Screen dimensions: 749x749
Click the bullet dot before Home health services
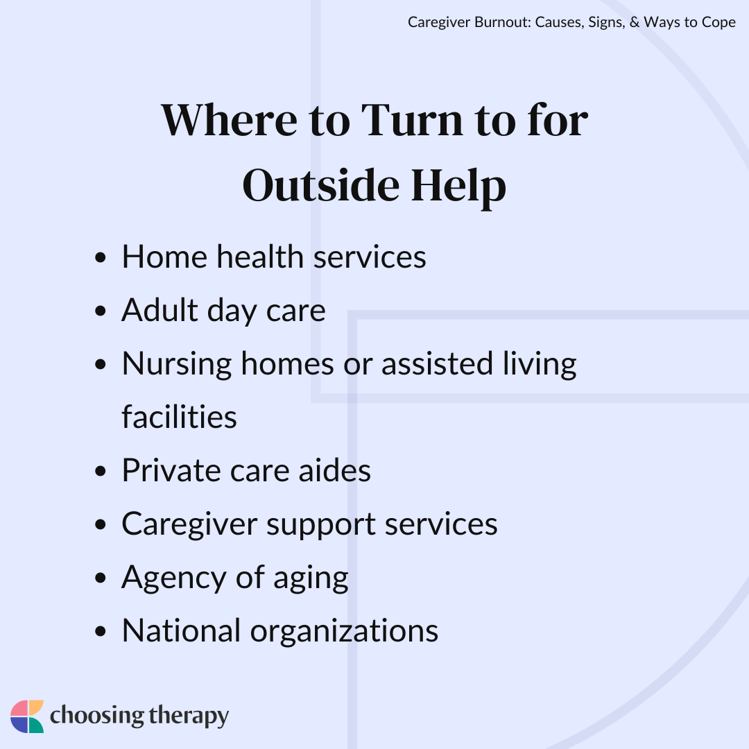pos(101,258)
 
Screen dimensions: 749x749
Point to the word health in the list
pos(260,257)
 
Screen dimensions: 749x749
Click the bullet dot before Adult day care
pos(101,311)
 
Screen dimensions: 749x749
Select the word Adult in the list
pos(160,310)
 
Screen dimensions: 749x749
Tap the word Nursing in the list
pos(177,365)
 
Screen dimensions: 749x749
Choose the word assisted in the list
pos(437,363)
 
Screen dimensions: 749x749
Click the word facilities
pos(179,417)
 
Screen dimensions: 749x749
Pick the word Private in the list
pos(171,470)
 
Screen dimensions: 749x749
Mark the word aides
pos(335,470)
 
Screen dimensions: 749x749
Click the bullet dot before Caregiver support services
pos(101,524)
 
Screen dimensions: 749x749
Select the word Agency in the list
pos(174,578)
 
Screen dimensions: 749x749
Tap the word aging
pos(311,578)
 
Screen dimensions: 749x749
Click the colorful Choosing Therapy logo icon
pos(27,716)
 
